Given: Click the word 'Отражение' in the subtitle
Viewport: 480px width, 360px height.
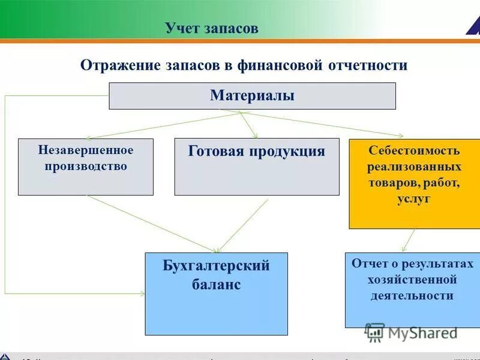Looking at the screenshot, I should click(x=117, y=65).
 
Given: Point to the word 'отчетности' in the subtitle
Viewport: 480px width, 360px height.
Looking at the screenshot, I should click(x=368, y=65).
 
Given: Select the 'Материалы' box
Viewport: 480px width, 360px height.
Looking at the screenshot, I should click(x=252, y=96).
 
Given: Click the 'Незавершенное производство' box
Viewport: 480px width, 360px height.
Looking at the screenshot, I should click(x=85, y=167).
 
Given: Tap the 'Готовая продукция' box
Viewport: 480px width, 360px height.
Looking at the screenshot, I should click(x=256, y=167).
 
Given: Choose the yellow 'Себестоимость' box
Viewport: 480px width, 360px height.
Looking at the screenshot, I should click(x=414, y=183).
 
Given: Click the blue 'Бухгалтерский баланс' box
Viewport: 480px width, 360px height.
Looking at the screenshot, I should click(x=216, y=293).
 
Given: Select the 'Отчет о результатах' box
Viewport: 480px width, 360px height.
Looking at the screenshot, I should click(x=412, y=289).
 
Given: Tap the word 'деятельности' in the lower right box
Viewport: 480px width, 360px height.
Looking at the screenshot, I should click(x=412, y=296).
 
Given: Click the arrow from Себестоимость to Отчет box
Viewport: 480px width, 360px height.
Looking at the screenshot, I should click(x=408, y=240).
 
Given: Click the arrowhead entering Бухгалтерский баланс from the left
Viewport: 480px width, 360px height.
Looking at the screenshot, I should click(x=142, y=293).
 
